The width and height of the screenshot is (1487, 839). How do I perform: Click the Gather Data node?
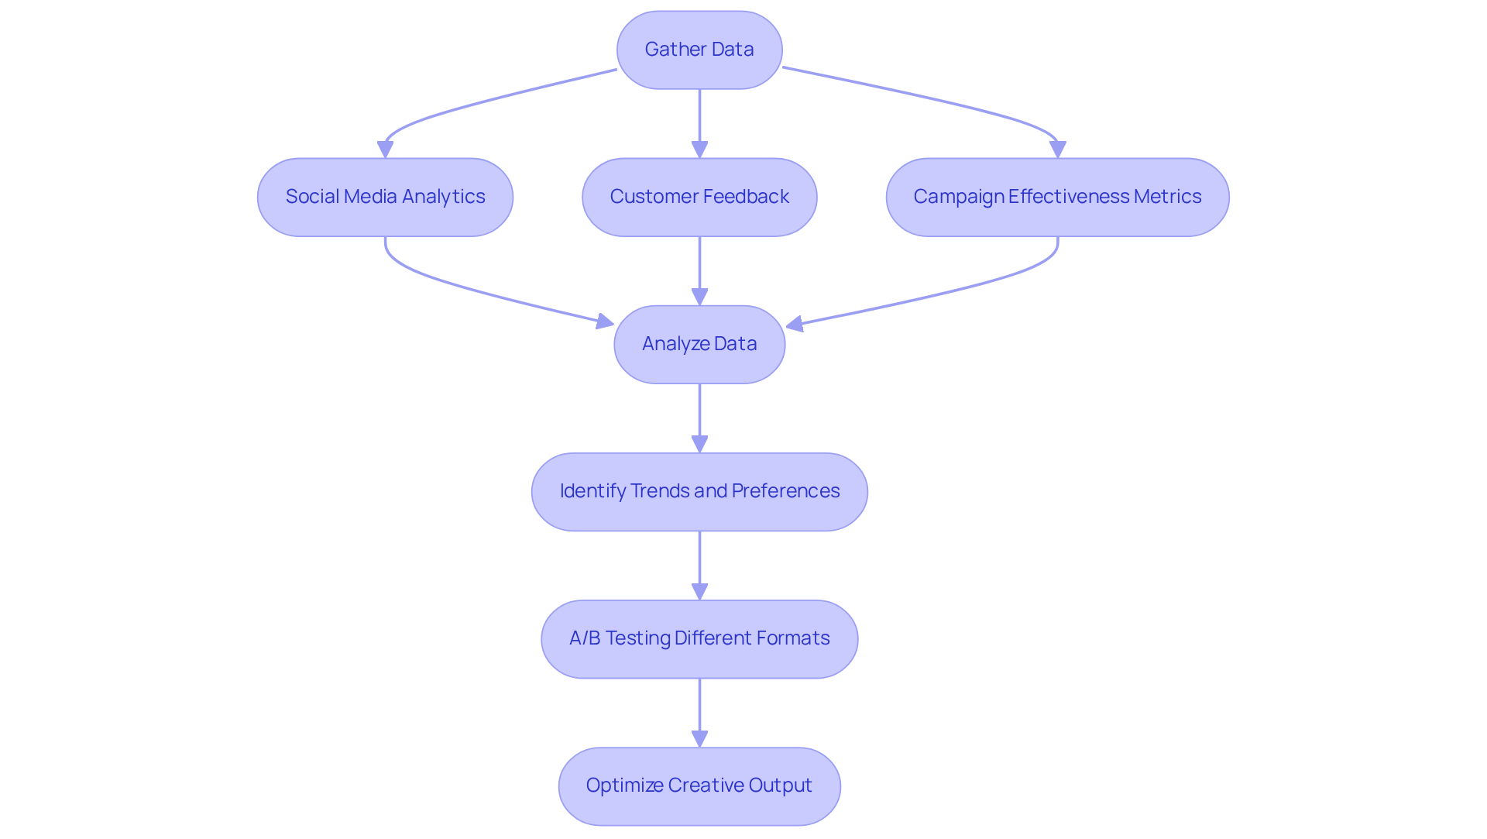(699, 50)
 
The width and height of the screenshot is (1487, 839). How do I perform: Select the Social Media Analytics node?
(385, 197)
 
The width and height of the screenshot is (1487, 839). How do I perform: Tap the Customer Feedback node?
(699, 197)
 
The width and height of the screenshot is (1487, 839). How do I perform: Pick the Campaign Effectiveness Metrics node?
(1057, 197)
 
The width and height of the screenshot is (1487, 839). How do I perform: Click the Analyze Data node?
(699, 344)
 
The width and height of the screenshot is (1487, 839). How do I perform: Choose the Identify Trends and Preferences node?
(699, 491)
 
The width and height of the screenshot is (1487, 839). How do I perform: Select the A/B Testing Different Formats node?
(699, 638)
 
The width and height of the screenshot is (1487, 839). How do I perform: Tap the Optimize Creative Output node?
(699, 786)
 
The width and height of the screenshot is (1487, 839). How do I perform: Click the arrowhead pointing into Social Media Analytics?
(385, 150)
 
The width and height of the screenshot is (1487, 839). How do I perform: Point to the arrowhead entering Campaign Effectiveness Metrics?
(1058, 150)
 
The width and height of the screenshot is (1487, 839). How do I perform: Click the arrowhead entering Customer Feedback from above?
(699, 150)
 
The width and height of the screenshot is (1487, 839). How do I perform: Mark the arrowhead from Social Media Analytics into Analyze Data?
(604, 322)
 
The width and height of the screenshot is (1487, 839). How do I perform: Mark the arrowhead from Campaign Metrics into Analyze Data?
(795, 324)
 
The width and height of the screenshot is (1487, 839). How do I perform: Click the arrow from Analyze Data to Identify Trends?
(699, 418)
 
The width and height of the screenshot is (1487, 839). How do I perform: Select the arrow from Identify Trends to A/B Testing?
(699, 566)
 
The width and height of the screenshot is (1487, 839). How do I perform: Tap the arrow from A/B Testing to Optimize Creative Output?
(699, 713)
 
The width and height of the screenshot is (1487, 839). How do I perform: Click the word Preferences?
(785, 491)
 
